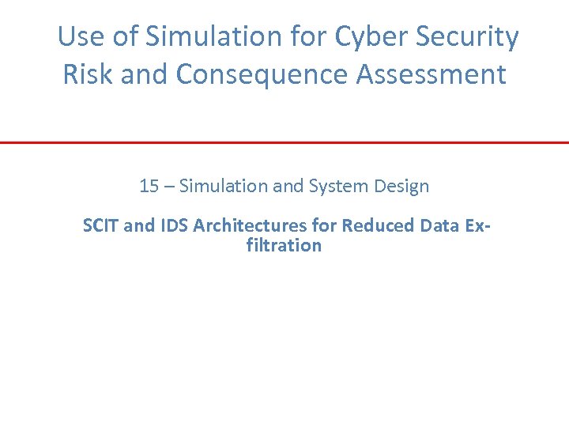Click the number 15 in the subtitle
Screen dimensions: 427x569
click(149, 187)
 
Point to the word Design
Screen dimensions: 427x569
click(401, 187)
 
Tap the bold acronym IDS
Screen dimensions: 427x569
click(174, 226)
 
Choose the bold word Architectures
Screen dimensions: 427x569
click(250, 226)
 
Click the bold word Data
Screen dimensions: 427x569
click(439, 226)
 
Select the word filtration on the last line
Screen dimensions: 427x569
click(284, 245)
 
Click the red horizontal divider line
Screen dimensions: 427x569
click(284, 142)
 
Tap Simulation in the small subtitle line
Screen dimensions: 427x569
click(223, 187)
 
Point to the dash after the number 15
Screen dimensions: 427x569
click(169, 187)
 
